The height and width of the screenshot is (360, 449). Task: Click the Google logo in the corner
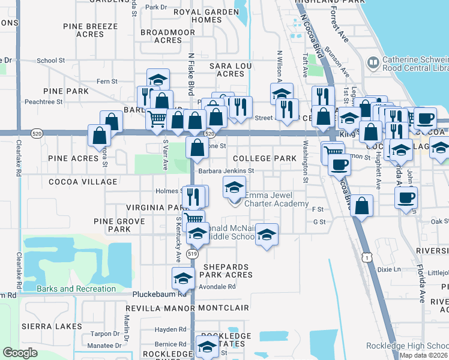coord(20,353)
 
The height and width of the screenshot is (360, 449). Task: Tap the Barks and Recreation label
coord(76,289)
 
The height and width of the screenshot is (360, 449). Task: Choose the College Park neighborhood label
coord(265,158)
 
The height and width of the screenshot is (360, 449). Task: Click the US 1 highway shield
coord(365,257)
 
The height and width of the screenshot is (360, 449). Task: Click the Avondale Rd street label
coord(218,286)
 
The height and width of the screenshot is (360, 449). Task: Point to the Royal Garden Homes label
coord(197,16)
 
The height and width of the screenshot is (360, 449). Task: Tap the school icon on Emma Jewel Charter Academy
coord(234,187)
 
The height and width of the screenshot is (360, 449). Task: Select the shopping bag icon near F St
coord(361,205)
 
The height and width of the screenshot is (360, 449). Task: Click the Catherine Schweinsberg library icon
coord(372,62)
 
